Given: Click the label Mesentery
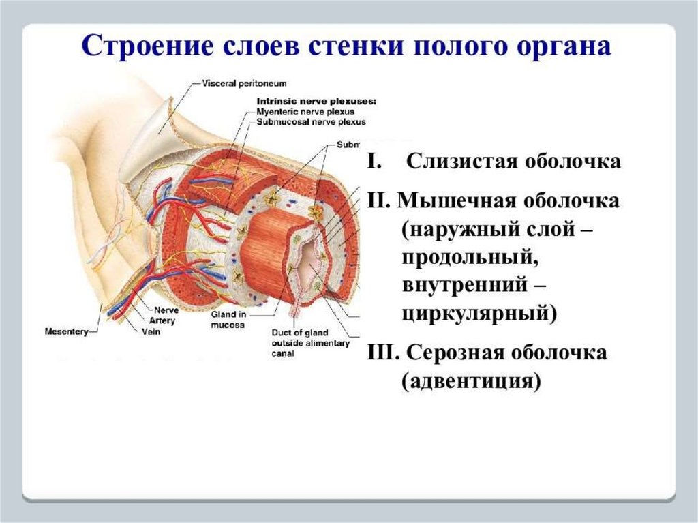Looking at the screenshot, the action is coord(66,332).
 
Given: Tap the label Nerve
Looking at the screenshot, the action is coord(167,310).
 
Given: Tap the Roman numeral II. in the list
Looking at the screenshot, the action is coord(378,201).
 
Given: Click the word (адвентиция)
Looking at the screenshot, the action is coord(470,380).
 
